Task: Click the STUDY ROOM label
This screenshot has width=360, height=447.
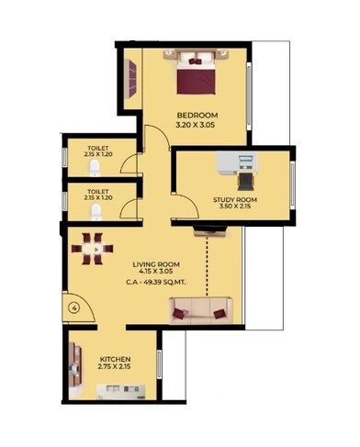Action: click(234, 200)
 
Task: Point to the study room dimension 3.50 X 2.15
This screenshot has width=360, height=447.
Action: click(234, 208)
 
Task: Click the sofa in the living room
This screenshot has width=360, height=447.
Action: click(200, 312)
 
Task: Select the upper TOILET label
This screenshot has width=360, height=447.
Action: click(96, 148)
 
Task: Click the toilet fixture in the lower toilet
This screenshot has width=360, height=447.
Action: click(96, 210)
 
